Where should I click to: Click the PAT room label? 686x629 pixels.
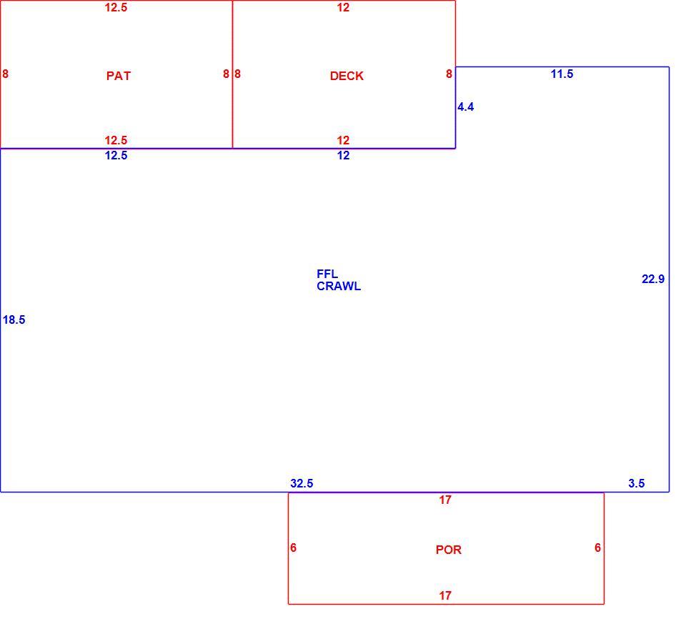pos(118,76)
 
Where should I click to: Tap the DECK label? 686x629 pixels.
pos(347,76)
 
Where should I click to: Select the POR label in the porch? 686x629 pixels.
pos(449,550)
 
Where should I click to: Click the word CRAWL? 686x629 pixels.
pos(339,286)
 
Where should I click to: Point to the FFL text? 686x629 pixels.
pos(327,274)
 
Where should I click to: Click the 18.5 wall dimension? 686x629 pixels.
pos(14,320)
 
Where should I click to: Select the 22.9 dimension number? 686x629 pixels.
pos(652,279)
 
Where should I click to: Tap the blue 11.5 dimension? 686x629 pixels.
pos(562,74)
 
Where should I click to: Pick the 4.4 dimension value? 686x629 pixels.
pos(465,107)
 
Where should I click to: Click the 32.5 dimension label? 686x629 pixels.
pos(302,483)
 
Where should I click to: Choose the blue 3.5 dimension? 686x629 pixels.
pos(636,483)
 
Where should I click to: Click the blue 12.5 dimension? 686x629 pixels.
pos(116,155)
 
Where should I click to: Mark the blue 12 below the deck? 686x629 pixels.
pos(343,155)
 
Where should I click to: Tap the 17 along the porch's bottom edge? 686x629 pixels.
pos(445,595)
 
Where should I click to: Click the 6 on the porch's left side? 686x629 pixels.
pos(293,548)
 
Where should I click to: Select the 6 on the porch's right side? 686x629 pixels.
pos(597,548)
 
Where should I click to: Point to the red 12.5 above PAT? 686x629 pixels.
pos(116,7)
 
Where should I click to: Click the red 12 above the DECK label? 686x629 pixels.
pos(343,7)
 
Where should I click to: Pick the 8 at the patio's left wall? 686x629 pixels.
pos(5,74)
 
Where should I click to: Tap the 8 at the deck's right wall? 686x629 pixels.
pos(449,74)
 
